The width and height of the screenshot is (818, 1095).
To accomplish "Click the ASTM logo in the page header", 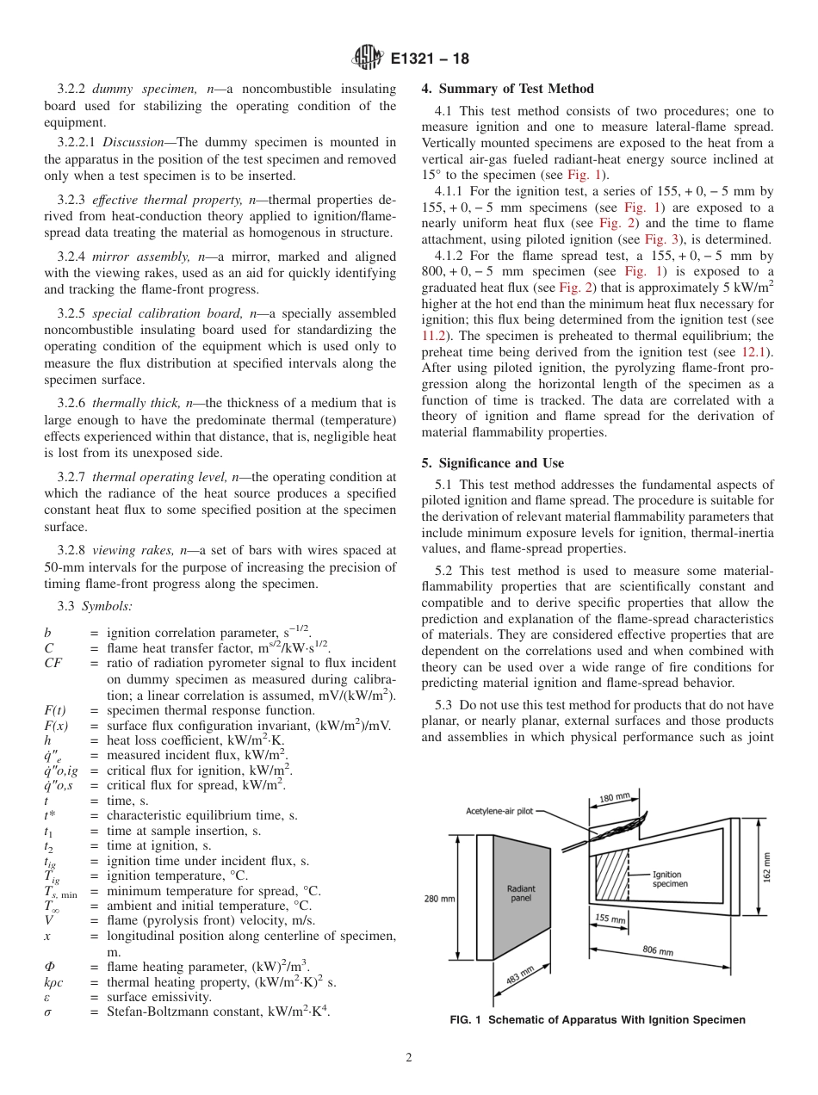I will [368, 59].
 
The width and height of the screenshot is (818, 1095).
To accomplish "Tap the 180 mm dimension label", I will [615, 800].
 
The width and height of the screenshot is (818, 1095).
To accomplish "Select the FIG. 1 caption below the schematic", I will [597, 1020].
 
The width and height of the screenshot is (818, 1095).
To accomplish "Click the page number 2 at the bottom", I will [408, 1058].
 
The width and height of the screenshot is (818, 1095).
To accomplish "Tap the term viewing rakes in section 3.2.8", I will [126, 550].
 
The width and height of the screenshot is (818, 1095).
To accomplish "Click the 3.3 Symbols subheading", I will [95, 606].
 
